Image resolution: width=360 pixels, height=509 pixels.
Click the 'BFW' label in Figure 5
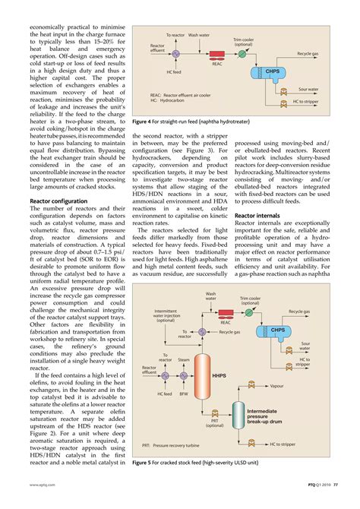[183, 394]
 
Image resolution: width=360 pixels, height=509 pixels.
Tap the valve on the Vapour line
[251, 385]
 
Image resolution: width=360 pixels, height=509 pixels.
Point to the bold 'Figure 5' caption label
[145, 460]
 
